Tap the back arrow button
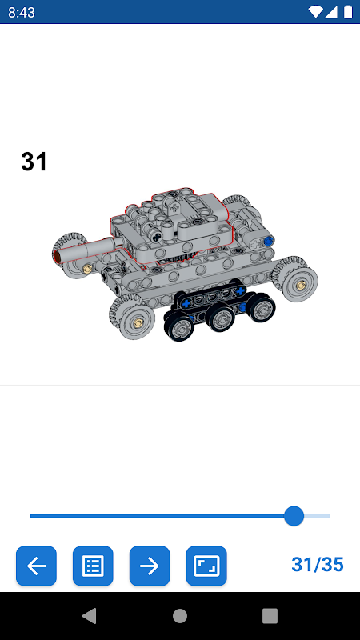click(36, 566)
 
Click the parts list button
click(93, 566)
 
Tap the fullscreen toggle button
click(206, 566)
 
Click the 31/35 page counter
click(318, 565)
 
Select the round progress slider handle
click(294, 516)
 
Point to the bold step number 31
click(34, 162)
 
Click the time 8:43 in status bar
click(22, 12)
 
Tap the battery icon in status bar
click(348, 12)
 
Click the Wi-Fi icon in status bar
click(315, 12)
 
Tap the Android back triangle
click(90, 616)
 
